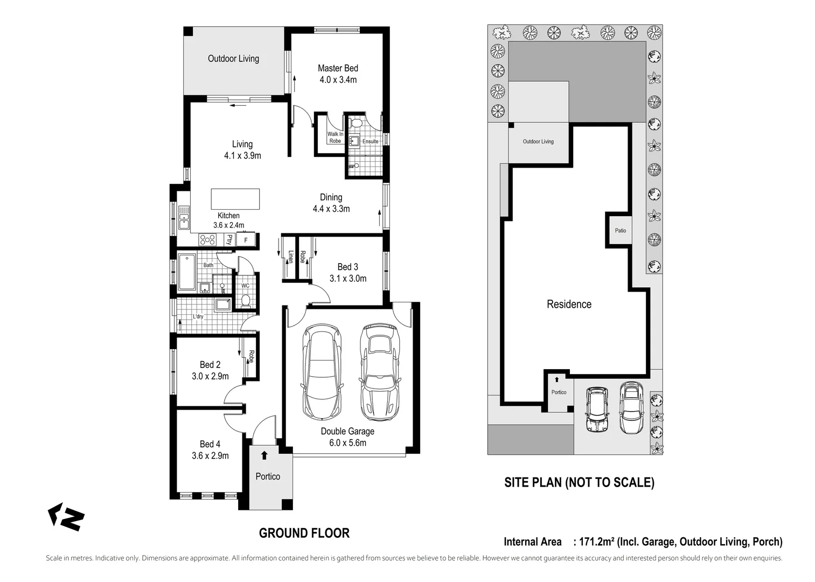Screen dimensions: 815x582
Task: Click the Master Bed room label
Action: pos(338,68)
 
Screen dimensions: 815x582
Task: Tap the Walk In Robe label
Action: pos(335,137)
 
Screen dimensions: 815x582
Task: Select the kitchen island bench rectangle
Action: pos(235,199)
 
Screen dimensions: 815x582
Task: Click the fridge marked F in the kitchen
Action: pos(246,240)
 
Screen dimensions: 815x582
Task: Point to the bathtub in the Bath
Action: pos(187,272)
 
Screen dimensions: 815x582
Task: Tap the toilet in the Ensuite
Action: pos(357,122)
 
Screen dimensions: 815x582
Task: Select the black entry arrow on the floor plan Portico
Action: pos(264,455)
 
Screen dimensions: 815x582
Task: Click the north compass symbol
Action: pos(66,517)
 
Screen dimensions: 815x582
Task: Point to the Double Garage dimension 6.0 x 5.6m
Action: pos(348,443)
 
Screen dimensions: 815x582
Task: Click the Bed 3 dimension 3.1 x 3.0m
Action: pos(348,279)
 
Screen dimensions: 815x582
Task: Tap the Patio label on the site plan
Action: pos(621,231)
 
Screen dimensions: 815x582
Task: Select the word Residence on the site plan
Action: pos(569,304)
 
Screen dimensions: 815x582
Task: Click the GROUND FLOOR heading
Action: pos(304,533)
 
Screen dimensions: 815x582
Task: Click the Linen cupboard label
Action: pos(291,256)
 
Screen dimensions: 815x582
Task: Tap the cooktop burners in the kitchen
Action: pos(207,240)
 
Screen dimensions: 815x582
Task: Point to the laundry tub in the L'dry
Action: pos(222,304)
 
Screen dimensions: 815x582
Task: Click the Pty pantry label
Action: pos(229,239)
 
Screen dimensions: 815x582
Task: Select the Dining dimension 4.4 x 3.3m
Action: pos(331,209)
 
